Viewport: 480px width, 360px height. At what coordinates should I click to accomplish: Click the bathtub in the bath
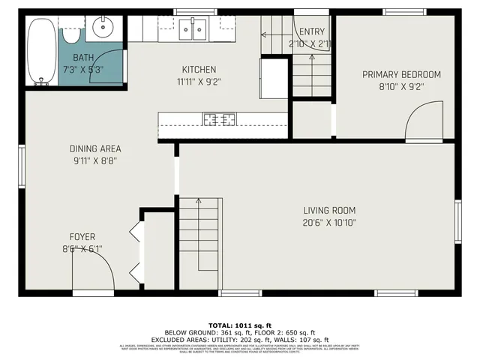[41, 50]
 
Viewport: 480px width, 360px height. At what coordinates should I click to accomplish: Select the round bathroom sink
[101, 29]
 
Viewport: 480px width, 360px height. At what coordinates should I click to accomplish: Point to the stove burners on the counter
[220, 118]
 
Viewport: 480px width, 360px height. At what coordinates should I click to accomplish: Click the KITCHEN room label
[199, 70]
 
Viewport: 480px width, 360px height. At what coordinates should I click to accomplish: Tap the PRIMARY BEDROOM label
[401, 74]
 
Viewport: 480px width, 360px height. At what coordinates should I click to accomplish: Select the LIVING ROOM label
[329, 211]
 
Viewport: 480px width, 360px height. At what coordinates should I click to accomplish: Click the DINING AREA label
[95, 148]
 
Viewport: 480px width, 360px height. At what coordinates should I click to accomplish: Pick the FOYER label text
[82, 237]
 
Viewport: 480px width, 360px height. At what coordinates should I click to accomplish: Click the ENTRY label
[311, 32]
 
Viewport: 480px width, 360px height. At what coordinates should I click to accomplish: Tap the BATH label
[82, 58]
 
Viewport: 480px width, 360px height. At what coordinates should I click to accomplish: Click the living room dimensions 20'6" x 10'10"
[329, 223]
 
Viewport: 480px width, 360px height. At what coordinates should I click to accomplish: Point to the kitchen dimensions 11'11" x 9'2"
[199, 81]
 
